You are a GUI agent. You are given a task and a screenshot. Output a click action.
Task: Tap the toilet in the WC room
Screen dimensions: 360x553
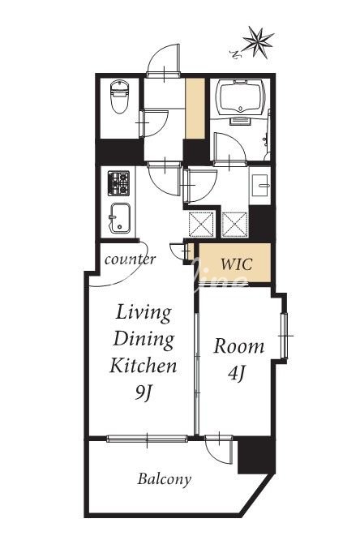pos(119,96)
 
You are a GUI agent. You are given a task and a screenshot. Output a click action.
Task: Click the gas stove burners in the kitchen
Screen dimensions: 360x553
pos(118,183)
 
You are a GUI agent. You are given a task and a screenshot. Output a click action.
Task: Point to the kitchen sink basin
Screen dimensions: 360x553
pos(119,218)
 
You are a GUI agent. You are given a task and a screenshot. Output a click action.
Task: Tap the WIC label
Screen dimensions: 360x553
pos(237,264)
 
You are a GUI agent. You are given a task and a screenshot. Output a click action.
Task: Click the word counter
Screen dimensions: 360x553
pos(130,259)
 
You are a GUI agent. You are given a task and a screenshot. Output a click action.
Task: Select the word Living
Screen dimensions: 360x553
pos(144,312)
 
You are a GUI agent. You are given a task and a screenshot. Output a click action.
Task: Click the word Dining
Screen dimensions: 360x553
pos(144,339)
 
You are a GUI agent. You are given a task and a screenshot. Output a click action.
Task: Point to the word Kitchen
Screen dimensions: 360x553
pos(144,366)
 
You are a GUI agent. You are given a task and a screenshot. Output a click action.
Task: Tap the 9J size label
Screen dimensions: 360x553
pos(143,392)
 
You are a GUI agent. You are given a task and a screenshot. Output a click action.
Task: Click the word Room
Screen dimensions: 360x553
pos(238,346)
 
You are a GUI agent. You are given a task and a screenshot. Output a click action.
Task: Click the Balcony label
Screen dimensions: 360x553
pos(165,479)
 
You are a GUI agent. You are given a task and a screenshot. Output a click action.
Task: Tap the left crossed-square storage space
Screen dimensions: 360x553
pos(201,225)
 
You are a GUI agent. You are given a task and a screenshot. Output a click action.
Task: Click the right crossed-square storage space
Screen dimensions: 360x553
pos(235,225)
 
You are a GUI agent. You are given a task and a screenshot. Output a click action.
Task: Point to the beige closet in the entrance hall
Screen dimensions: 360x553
pos(195,109)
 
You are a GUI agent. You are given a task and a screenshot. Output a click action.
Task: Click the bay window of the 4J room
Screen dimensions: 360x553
pos(285,336)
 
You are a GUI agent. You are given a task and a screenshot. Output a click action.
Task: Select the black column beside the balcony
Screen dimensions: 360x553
pos(256,456)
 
